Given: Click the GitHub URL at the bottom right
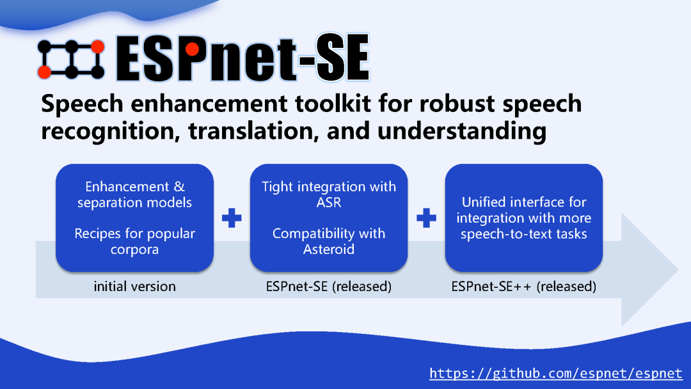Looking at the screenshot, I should (555, 373).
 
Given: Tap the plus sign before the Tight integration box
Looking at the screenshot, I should (232, 219).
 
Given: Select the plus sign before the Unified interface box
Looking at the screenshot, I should (426, 219).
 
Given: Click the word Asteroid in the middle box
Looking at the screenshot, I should (328, 249).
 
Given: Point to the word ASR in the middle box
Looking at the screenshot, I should (329, 202).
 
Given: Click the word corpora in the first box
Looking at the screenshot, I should (134, 249).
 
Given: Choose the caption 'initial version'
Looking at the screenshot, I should (134, 287).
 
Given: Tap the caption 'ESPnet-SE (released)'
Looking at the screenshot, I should (328, 287).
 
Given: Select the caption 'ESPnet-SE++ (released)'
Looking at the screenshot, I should (523, 287).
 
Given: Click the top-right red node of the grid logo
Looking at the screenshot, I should (97, 46).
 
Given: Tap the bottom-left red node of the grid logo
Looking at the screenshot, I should (44, 72).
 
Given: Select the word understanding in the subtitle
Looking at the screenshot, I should (461, 131).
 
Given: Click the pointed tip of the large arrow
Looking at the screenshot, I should (677, 269).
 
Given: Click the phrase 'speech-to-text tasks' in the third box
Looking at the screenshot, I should (523, 234).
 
